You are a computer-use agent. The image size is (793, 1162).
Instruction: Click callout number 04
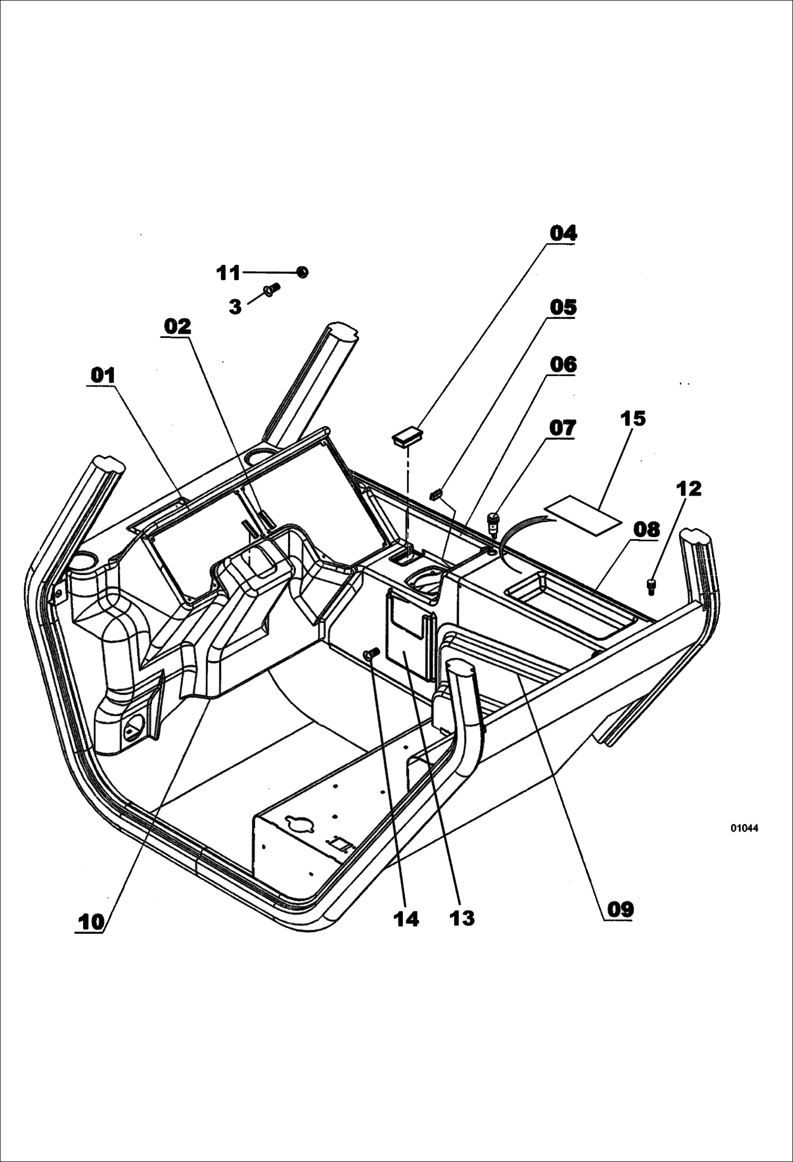pos(563,233)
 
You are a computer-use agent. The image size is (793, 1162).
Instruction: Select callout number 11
pos(229,273)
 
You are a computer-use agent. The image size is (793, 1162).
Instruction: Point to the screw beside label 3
pos(272,289)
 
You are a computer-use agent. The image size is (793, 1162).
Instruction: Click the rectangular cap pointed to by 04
pos(407,437)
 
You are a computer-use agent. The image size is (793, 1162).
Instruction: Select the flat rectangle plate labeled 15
pos(583,516)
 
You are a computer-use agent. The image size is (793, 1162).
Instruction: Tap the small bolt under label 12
pos(651,587)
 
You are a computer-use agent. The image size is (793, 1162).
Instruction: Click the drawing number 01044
pos(744,828)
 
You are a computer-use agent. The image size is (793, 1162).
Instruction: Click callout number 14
pos(406,919)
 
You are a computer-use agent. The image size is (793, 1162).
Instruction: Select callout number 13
pos(462,918)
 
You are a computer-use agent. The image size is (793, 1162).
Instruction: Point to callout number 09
pos(620,910)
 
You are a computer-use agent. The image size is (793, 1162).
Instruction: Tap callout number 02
pos(177,326)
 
